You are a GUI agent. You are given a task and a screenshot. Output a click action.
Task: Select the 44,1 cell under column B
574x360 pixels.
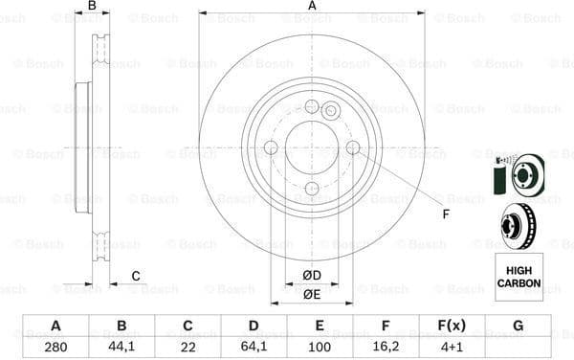121,346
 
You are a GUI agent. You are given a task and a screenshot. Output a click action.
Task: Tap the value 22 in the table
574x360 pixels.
188,346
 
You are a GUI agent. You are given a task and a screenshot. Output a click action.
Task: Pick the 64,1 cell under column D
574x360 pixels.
254,346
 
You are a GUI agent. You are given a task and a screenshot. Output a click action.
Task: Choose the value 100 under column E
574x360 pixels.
320,346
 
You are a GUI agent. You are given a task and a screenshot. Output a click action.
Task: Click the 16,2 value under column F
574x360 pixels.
386,346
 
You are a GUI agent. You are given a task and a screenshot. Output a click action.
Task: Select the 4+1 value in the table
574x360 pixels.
452,346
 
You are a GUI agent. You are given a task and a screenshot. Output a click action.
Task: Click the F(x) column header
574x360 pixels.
452,326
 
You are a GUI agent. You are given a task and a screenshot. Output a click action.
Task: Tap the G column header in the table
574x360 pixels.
518,326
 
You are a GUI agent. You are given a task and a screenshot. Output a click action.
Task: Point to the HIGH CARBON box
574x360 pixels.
519,277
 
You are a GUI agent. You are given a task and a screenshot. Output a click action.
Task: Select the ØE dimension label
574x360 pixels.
312,295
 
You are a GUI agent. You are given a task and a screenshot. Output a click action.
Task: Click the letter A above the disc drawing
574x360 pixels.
312,7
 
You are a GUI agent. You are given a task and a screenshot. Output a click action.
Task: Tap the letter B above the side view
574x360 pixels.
92,7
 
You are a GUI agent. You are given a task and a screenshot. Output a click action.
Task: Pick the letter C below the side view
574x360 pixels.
136,277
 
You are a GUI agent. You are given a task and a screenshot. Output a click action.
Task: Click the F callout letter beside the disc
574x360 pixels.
445,213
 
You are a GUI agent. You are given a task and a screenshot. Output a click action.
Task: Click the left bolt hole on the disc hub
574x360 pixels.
270,147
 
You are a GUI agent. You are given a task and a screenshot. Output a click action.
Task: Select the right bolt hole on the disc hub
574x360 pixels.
353,147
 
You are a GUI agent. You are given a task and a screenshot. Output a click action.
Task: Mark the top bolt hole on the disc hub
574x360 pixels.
311,106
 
